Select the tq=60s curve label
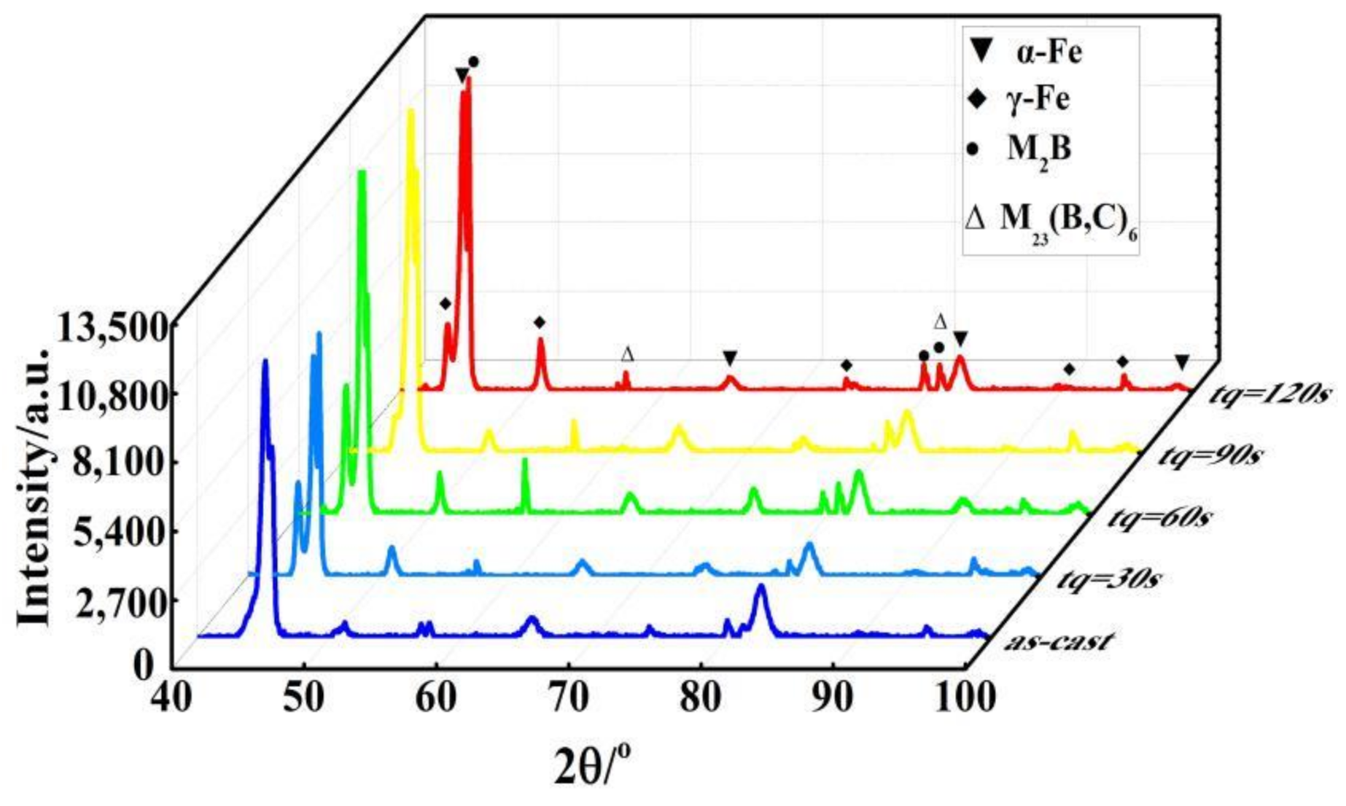click(1159, 517)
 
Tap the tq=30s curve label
click(1108, 579)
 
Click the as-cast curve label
click(1058, 641)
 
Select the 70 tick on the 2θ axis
click(569, 698)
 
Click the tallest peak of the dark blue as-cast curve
click(265, 361)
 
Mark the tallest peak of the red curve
click(468, 79)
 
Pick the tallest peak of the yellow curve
click(411, 111)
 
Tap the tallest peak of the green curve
click(361, 173)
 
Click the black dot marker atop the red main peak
click(473, 62)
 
